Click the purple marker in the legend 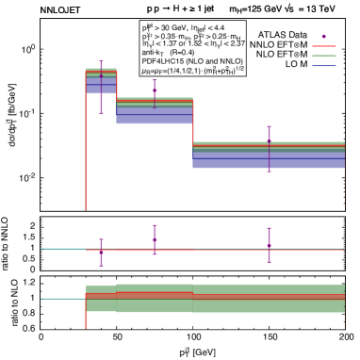(x=324, y=36)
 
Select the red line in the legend (x=324, y=46)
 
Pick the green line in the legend (x=324, y=57)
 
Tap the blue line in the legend (x=324, y=67)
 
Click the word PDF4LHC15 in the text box (x=159, y=62)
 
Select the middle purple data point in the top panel (x=155, y=91)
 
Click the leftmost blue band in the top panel (x=101, y=86)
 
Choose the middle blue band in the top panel (x=155, y=115)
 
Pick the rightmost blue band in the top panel (x=269, y=160)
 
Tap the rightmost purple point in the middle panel (x=270, y=242)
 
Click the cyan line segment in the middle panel (x=63, y=249)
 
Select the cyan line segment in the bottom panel (x=63, y=300)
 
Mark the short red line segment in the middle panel (x=155, y=252)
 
